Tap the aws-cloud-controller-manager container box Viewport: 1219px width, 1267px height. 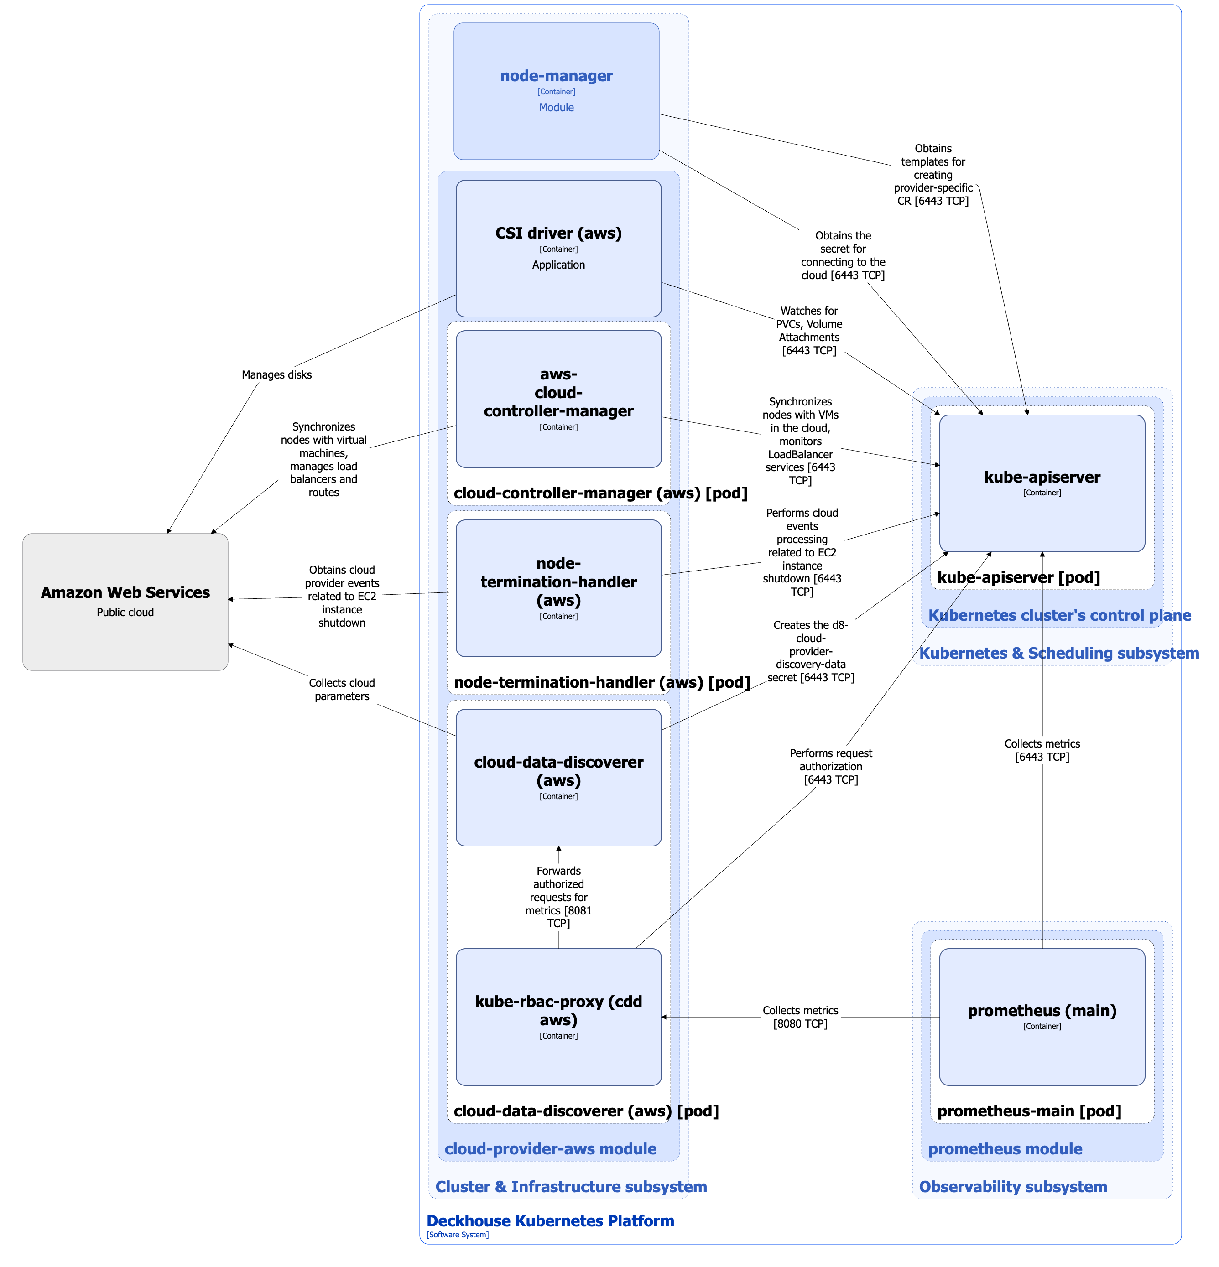[558, 399]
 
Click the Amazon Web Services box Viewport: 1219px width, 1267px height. [125, 601]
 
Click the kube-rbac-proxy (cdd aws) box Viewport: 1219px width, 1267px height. [558, 1017]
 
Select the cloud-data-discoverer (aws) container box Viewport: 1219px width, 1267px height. [558, 777]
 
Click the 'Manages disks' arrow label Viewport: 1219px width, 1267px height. [276, 375]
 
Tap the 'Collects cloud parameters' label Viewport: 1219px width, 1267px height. [341, 690]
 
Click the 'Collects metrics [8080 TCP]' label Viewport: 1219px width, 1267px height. [800, 1017]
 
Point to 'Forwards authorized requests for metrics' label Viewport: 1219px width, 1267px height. [558, 897]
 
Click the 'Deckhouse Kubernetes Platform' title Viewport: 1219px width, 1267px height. [550, 1221]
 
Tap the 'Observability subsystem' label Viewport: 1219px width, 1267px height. [1013, 1187]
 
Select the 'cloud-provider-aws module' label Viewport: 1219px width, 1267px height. [550, 1149]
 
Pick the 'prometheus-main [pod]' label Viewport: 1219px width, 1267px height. [1029, 1111]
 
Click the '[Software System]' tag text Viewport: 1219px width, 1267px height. [457, 1235]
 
